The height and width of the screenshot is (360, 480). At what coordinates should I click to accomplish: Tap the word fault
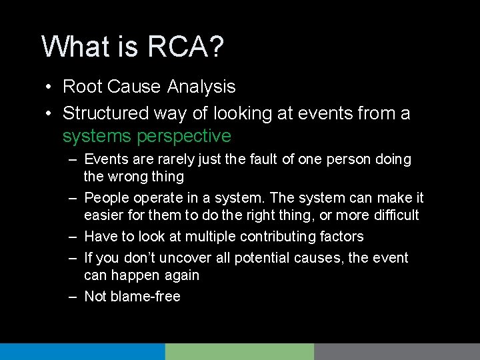pyautogui.click(x=280, y=160)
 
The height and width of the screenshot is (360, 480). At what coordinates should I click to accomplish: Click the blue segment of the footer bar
pyautogui.click(x=82, y=351)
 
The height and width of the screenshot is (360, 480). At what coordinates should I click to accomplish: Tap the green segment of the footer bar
pyautogui.click(x=239, y=351)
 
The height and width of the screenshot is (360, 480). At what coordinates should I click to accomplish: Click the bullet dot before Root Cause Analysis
pyautogui.click(x=49, y=87)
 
